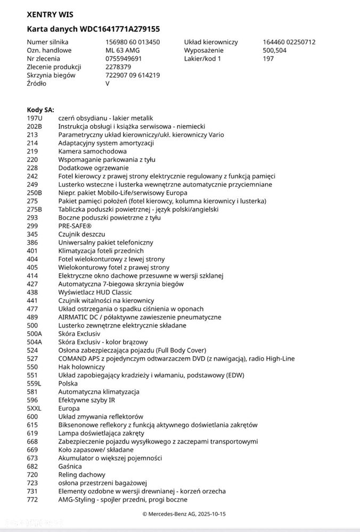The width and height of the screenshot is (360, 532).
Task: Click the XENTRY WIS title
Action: coord(50,14)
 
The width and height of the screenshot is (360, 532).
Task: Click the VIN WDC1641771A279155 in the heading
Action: coord(120,29)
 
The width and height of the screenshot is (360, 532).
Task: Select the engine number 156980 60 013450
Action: coord(133,42)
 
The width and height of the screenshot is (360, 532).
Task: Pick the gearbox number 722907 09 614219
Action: coord(133,75)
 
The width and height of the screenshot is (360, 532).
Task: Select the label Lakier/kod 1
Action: coord(202,59)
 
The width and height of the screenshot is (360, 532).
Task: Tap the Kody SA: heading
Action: coord(40,110)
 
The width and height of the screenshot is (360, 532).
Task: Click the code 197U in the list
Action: coord(34,118)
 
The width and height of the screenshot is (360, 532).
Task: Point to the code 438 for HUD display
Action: coord(32,292)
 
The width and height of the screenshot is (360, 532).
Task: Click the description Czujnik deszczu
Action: coord(81,234)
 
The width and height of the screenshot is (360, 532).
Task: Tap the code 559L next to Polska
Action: coord(34,383)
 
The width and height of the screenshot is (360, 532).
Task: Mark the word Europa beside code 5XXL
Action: coord(69,408)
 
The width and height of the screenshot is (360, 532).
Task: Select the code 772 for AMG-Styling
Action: coord(32,500)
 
